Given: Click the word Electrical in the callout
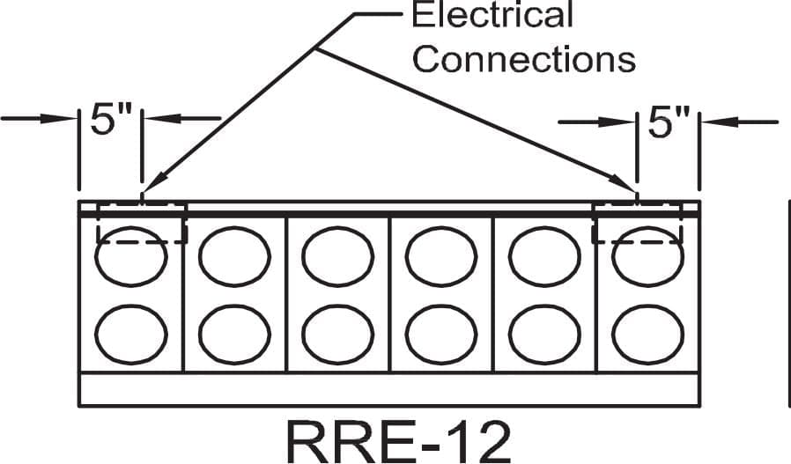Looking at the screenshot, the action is (492, 14).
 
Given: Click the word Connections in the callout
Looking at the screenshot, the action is (523, 60).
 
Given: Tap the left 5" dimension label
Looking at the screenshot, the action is (110, 119).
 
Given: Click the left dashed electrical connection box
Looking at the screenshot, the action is (142, 243).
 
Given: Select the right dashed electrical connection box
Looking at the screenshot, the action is (637, 243).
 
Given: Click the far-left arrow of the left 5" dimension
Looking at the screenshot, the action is (38, 119).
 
